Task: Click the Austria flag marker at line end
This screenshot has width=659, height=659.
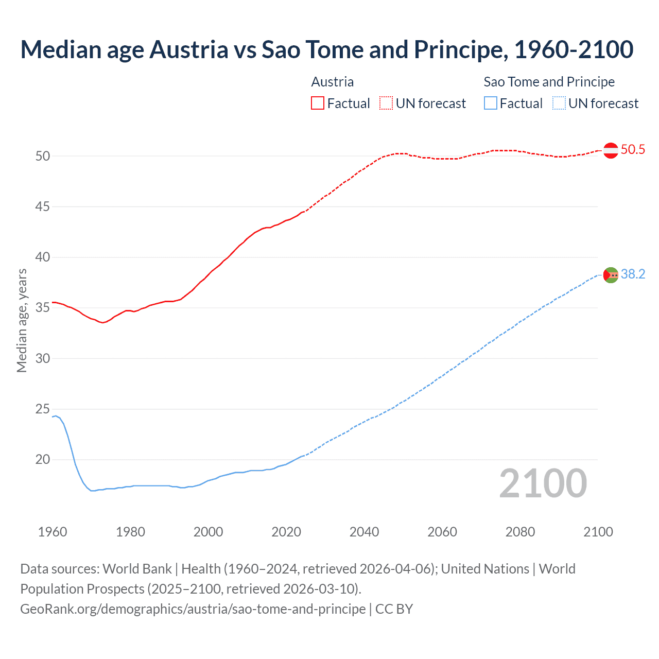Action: click(x=611, y=150)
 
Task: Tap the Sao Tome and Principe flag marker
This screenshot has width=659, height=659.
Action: click(x=611, y=275)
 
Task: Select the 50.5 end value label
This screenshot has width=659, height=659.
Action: click(x=633, y=150)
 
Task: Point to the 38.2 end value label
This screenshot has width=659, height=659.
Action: click(x=633, y=274)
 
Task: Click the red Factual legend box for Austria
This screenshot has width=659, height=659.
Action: click(x=318, y=103)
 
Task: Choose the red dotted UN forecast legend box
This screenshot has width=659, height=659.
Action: click(x=386, y=103)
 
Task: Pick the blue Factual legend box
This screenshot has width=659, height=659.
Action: click(x=491, y=103)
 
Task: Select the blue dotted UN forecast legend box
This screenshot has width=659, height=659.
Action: click(x=559, y=103)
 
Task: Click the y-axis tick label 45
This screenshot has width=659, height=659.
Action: click(x=43, y=207)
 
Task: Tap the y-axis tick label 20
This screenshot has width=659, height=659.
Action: click(x=43, y=460)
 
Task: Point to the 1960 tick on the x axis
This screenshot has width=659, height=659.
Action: click(x=53, y=532)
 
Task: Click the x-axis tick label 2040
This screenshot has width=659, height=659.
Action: click(x=364, y=532)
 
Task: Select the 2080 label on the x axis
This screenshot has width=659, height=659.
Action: click(x=520, y=532)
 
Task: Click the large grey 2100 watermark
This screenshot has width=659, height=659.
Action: click(x=543, y=483)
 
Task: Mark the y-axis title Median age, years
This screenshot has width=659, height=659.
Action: click(x=22, y=320)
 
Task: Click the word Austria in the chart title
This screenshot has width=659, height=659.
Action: click(x=189, y=50)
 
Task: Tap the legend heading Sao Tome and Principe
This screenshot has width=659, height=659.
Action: click(x=549, y=82)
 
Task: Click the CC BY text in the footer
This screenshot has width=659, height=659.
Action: click(x=394, y=609)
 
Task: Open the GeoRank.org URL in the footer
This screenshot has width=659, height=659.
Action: click(x=193, y=609)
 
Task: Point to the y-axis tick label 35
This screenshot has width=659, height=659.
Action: click(x=43, y=308)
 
